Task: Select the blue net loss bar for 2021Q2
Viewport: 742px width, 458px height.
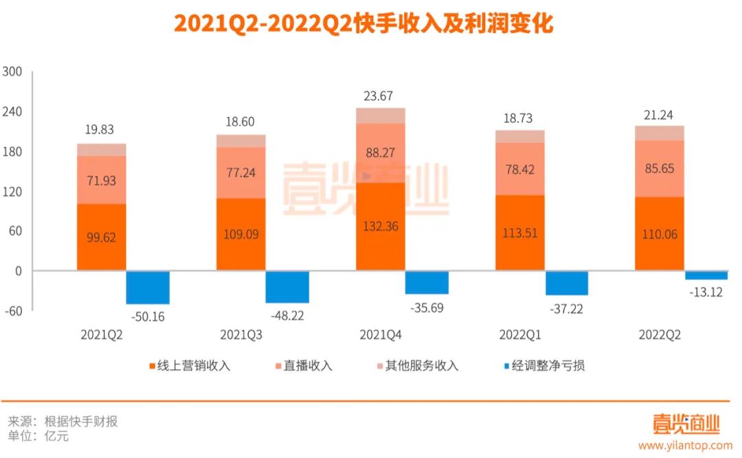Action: (x=148, y=287)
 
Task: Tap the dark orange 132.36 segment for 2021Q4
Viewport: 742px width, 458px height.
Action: (x=380, y=226)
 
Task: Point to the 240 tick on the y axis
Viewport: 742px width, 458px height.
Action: (x=13, y=112)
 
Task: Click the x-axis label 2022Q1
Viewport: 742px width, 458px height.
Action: (x=519, y=335)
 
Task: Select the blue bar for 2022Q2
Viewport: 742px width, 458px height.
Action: (x=706, y=275)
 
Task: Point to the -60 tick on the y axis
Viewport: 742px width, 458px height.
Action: (x=13, y=310)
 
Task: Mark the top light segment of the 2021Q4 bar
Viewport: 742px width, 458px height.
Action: (x=380, y=115)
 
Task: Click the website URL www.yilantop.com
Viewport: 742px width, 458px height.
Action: (x=684, y=445)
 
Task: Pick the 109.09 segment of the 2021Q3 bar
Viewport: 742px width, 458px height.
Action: (x=240, y=234)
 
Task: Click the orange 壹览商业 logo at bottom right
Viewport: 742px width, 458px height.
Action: (x=686, y=423)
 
